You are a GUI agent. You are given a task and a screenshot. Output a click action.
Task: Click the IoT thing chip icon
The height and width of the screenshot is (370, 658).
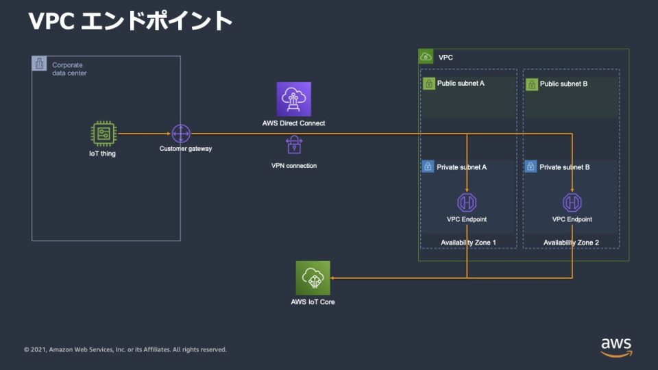(x=104, y=134)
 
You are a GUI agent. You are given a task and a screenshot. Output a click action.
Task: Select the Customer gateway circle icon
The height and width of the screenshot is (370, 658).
(x=180, y=134)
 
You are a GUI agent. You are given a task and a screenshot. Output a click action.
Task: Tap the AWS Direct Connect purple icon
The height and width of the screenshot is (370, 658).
(x=293, y=99)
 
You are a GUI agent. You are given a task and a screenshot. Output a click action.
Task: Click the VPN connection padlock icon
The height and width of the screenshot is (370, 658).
(x=293, y=145)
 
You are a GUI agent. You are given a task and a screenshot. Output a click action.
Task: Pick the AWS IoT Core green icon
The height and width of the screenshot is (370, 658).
(x=313, y=277)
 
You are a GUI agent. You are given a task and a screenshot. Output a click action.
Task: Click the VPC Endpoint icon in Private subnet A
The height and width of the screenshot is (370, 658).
(x=467, y=202)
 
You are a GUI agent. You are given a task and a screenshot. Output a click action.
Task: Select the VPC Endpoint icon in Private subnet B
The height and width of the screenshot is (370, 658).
(x=572, y=202)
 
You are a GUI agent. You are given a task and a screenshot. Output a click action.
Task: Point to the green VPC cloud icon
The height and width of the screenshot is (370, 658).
(x=426, y=57)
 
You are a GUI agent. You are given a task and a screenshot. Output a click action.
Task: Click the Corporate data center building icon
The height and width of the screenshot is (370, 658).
(x=40, y=64)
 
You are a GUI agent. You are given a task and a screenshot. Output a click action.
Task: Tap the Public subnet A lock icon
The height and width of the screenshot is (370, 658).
(x=428, y=84)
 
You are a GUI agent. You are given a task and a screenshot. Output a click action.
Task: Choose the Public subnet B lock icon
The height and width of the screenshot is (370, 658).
(x=531, y=84)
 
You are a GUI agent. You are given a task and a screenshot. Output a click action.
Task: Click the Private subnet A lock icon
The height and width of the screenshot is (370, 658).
(x=428, y=166)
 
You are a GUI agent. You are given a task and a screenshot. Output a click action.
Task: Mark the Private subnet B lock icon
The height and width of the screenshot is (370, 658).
(x=531, y=166)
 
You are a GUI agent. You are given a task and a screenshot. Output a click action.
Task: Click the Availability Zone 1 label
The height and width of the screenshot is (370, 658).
(x=467, y=243)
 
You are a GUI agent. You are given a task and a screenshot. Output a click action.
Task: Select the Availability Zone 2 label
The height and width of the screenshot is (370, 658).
(x=571, y=243)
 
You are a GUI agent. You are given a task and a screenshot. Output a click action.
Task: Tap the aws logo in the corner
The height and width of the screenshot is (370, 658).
(x=616, y=346)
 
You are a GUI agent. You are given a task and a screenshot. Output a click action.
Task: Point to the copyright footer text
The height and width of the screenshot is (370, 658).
(x=125, y=349)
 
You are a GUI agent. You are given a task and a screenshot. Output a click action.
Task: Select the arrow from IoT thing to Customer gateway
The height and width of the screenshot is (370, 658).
(x=144, y=134)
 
